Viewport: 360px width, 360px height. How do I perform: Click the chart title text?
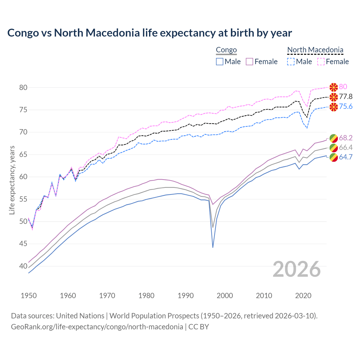[x=149, y=33]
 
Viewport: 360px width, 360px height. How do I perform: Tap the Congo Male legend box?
[x=220, y=62]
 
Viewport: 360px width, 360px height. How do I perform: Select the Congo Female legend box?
[x=249, y=62]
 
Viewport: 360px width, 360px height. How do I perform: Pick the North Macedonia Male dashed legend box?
[x=291, y=62]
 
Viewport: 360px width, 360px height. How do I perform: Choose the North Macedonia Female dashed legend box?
[x=321, y=62]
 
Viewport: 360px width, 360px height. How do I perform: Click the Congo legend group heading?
[x=226, y=50]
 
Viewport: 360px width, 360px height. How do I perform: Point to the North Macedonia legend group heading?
[x=315, y=50]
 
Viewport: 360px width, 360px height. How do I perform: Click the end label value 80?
[x=343, y=87]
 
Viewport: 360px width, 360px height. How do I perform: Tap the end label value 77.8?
[x=346, y=97]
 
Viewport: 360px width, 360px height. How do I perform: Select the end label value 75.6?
[x=346, y=107]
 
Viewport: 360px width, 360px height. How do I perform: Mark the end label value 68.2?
[x=346, y=138]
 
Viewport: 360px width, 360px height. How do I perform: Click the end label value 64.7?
[x=346, y=157]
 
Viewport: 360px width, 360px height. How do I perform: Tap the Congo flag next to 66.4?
[x=334, y=148]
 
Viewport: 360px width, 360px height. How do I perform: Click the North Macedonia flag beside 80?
[x=334, y=87]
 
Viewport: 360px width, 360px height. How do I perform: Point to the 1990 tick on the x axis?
[x=186, y=296]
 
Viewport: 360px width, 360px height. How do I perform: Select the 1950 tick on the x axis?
[x=29, y=296]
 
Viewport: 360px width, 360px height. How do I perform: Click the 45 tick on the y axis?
[x=23, y=244]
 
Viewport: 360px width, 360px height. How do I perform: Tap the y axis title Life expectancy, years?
[x=12, y=180]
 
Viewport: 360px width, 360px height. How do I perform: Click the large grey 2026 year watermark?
[x=297, y=269]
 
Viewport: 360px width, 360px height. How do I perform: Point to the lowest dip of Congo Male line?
[x=213, y=247]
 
